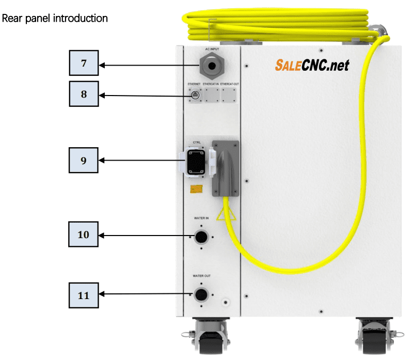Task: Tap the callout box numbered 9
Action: pyautogui.click(x=84, y=160)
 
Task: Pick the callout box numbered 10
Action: pyautogui.click(x=84, y=234)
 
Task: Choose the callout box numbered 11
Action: pyautogui.click(x=84, y=295)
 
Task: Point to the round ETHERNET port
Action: pyautogui.click(x=195, y=95)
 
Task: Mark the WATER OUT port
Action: pyautogui.click(x=200, y=295)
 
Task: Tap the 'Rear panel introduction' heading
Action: pyautogui.click(x=55, y=19)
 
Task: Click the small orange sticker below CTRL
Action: pyautogui.click(x=196, y=190)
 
